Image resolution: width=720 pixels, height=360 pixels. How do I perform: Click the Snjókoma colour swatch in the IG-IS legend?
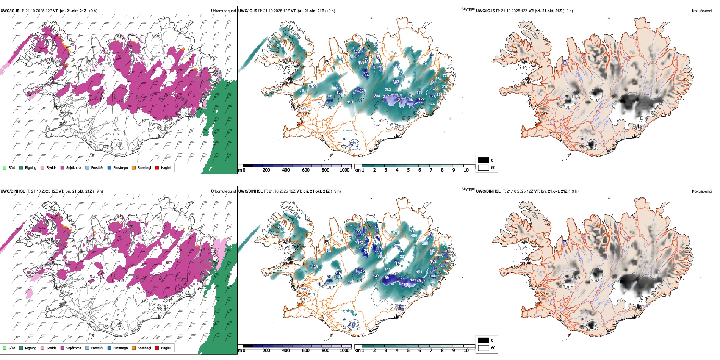[63, 167]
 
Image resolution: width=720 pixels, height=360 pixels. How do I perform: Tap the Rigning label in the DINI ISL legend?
[31, 348]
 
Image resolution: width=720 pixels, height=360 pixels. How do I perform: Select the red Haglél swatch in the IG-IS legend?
[157, 167]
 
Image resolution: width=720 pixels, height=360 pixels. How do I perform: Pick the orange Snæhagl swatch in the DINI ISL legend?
[134, 348]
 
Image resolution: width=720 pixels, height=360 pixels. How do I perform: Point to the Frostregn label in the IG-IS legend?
[121, 167]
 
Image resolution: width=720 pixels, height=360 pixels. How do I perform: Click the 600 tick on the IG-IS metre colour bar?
[305, 170]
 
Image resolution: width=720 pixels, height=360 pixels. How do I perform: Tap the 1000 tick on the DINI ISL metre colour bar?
[344, 351]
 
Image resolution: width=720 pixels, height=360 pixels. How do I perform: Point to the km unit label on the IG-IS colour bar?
[357, 170]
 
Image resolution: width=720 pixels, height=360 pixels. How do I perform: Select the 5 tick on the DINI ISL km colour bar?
[408, 351]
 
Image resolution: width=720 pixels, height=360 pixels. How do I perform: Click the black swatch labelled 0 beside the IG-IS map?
[484, 160]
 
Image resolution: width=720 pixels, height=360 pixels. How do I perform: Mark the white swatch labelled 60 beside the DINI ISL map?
[484, 348]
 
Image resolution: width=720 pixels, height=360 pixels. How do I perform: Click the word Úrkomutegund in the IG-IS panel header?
[223, 11]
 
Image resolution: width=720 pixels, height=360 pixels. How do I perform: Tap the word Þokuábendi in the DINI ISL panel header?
[702, 191]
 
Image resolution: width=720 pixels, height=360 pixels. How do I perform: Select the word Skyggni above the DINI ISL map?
[468, 189]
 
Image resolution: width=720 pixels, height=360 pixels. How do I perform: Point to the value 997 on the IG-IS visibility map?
[432, 104]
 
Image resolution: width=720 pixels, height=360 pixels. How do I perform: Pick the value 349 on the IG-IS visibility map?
[386, 97]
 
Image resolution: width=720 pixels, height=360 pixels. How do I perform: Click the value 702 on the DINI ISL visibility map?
[380, 257]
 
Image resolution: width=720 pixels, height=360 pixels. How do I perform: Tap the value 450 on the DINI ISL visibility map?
[414, 236]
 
